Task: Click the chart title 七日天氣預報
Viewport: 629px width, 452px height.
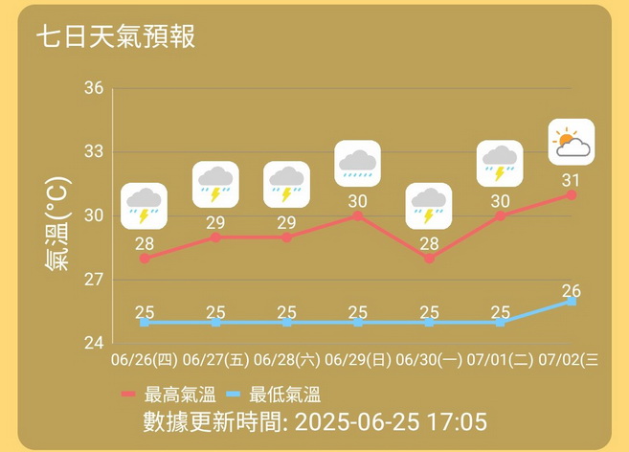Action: (116, 37)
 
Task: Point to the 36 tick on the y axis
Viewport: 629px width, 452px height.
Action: (94, 89)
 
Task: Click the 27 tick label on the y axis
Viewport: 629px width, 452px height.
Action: (94, 280)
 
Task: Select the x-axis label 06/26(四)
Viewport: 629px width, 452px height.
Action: (144, 360)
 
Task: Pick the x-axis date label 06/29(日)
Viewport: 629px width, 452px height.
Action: (358, 360)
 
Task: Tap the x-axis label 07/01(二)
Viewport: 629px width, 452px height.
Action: (500, 360)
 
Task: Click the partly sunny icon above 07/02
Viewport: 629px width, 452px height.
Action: (572, 143)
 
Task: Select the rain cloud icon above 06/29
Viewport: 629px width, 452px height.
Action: (358, 165)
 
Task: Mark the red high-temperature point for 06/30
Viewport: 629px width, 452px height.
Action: (429, 259)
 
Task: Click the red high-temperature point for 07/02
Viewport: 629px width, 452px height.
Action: (572, 194)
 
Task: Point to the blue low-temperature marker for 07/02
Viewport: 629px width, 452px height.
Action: (572, 301)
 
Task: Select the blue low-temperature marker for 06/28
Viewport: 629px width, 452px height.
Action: (286, 323)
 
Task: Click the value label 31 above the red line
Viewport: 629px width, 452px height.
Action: (572, 180)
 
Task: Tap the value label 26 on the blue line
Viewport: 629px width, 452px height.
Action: (572, 291)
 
